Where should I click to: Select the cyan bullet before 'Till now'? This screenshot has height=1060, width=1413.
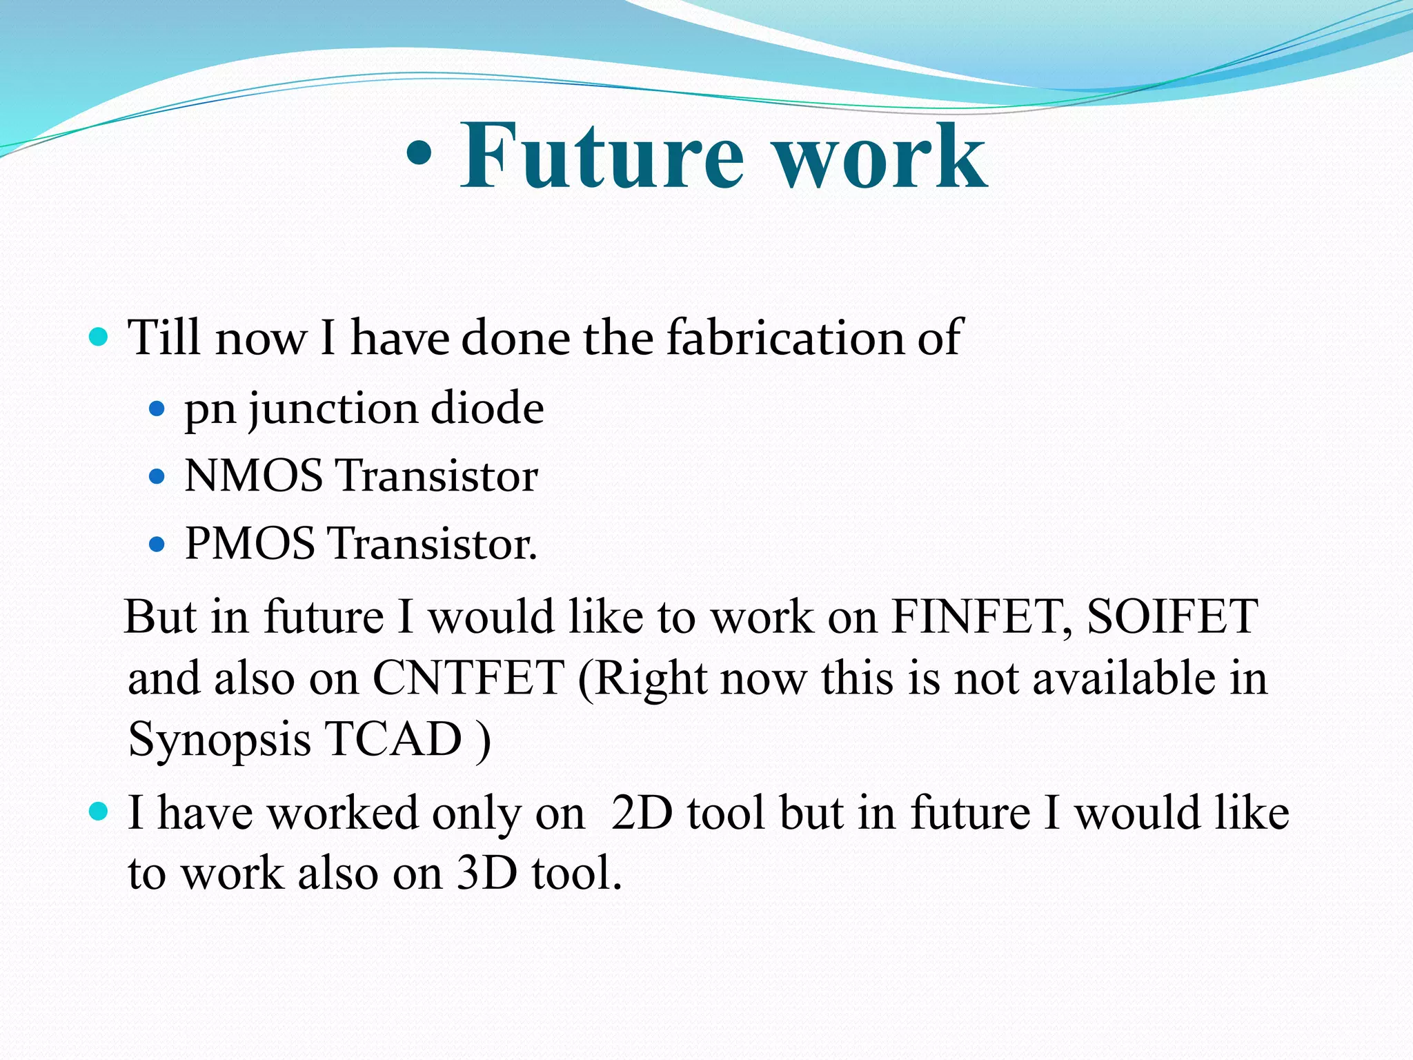click(99, 337)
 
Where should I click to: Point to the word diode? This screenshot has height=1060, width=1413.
click(487, 408)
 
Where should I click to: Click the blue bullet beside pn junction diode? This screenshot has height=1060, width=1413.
click(157, 409)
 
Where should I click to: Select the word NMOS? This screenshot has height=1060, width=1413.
click(253, 475)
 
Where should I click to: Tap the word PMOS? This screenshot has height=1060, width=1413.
click(250, 543)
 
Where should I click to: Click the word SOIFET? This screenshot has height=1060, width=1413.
click(1172, 616)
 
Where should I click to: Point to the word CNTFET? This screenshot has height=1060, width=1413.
click(468, 678)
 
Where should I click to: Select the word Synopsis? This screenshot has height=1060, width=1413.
click(219, 740)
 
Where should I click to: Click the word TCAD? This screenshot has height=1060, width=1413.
click(393, 739)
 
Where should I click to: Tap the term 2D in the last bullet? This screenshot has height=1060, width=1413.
click(642, 812)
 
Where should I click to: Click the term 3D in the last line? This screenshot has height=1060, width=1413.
click(487, 873)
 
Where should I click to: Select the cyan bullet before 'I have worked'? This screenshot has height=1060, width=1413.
click(99, 812)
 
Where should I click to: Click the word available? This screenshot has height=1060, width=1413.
click(1124, 678)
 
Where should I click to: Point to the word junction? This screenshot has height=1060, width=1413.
click(333, 409)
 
